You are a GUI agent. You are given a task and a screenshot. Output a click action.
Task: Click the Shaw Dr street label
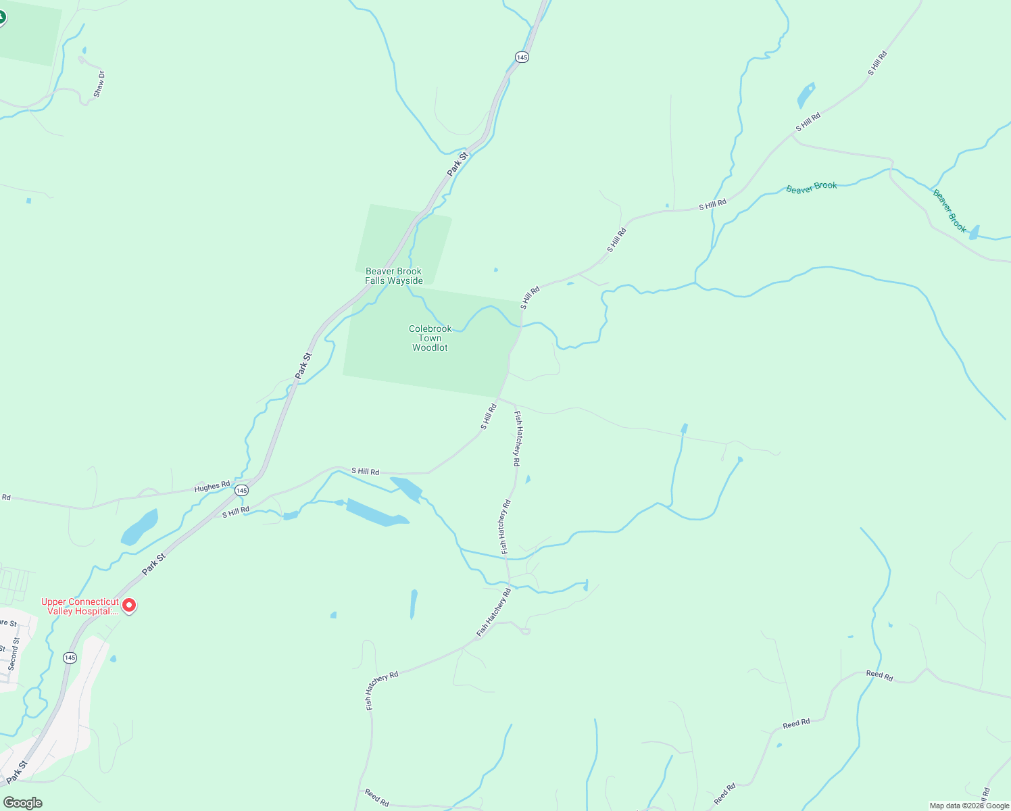pos(99,84)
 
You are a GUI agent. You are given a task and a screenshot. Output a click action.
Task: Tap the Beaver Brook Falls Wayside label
pos(394,276)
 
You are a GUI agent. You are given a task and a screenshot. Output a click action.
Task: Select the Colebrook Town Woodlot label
pos(430,338)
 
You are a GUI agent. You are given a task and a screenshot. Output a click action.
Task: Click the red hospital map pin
pos(128,605)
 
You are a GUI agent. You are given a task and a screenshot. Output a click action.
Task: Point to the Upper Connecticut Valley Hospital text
pos(80,606)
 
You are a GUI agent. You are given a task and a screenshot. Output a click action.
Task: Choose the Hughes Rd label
pos(212,487)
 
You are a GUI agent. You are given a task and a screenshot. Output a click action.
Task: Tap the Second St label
pos(14,654)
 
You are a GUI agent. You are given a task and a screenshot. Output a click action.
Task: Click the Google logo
pos(22,802)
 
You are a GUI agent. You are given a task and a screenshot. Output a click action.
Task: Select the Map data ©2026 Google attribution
pos(969,806)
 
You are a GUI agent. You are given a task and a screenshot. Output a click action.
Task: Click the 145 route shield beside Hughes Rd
pos(242,490)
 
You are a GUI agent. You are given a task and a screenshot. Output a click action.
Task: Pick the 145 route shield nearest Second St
pos(70,658)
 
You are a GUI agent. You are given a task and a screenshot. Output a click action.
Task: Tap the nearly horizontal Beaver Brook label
pos(811,187)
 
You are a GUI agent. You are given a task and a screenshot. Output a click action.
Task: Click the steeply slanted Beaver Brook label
pos(950,210)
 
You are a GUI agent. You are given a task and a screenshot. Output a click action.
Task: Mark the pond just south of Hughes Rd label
pos(140,527)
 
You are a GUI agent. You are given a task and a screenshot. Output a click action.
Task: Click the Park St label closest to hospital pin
pos(153,565)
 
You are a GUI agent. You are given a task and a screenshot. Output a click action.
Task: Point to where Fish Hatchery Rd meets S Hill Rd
pos(501,399)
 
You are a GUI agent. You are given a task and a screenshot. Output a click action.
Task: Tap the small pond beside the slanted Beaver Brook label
pos(974,232)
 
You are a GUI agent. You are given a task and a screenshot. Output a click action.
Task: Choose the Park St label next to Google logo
pos(16,772)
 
